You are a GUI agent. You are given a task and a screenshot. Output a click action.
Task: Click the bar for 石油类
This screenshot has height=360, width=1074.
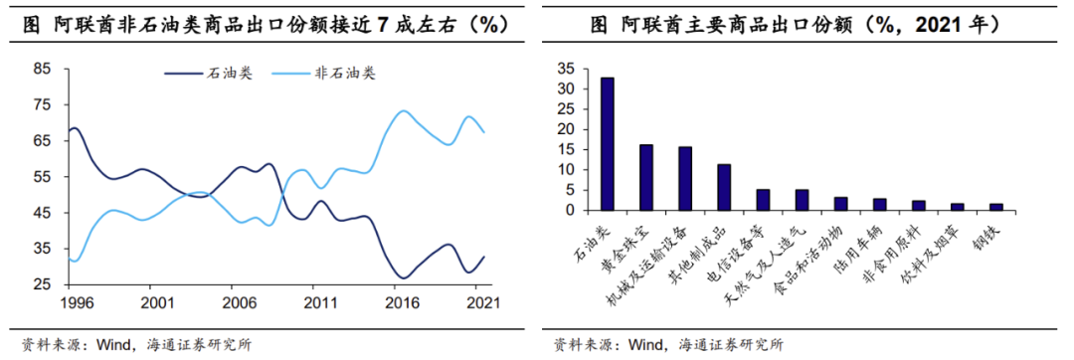pyautogui.click(x=607, y=144)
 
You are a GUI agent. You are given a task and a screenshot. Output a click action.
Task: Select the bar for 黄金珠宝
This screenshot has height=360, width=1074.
pyautogui.click(x=645, y=177)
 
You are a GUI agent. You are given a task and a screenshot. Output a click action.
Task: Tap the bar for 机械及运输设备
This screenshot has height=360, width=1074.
pyautogui.click(x=684, y=178)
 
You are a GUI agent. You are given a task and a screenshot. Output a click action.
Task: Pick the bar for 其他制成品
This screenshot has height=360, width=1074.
pyautogui.click(x=723, y=187)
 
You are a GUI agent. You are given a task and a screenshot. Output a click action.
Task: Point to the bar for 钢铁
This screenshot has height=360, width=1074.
pyautogui.click(x=995, y=207)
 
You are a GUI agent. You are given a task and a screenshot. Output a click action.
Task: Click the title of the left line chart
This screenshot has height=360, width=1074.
pyautogui.click(x=266, y=26)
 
